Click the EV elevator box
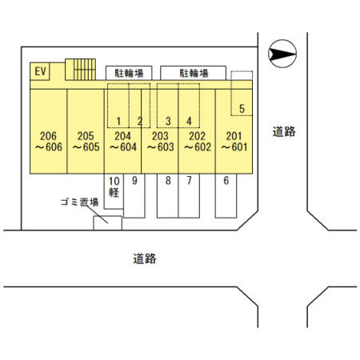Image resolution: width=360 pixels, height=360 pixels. [x=40, y=71]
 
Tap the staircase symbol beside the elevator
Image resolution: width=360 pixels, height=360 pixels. [x=80, y=70]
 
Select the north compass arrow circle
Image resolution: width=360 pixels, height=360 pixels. [x=282, y=54]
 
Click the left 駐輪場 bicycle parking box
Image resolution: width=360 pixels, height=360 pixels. [x=129, y=73]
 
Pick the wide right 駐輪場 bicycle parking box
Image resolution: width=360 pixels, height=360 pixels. [x=193, y=73]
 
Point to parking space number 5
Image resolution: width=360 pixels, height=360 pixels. [x=242, y=94]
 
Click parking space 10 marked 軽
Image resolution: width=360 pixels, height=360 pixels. [x=114, y=191]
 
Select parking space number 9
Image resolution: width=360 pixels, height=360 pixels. [x=134, y=196]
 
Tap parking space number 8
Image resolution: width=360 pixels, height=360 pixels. [x=168, y=196]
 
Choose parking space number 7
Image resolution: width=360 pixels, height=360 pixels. [x=189, y=196]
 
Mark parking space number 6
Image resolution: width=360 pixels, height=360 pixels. [x=226, y=196]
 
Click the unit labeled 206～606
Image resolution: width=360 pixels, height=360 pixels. [x=48, y=131]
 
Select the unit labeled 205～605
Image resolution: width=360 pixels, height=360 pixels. [x=86, y=131]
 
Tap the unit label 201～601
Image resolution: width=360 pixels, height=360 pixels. [x=234, y=142]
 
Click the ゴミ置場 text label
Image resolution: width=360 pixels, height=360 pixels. [x=79, y=202]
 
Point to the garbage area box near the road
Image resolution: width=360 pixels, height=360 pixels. [x=108, y=223]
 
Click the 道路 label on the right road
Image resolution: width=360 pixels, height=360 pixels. [x=284, y=131]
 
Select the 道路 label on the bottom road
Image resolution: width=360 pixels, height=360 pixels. [x=145, y=258]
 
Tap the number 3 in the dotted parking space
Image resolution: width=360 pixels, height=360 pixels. [x=168, y=121]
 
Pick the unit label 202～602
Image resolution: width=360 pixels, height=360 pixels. [x=198, y=142]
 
